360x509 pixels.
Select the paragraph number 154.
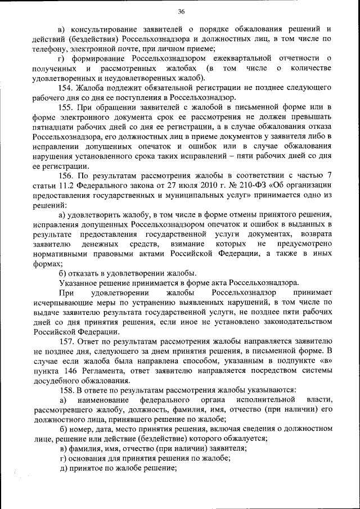tap(66, 88)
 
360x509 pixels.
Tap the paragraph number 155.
tap(66, 107)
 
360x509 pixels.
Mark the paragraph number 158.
tap(66, 390)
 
